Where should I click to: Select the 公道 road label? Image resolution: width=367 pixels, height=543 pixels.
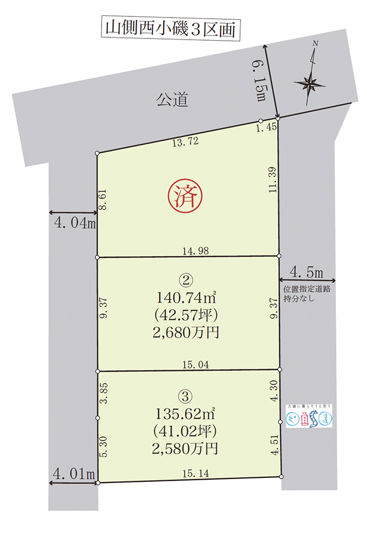(171, 101)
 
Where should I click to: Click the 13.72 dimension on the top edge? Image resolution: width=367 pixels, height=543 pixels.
(184, 143)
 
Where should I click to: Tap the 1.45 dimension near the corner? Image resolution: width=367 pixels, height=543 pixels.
(265, 128)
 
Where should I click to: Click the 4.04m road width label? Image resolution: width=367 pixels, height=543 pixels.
(74, 223)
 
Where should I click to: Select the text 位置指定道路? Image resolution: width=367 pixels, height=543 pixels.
(308, 288)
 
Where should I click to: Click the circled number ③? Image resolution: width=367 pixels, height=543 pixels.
(186, 397)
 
